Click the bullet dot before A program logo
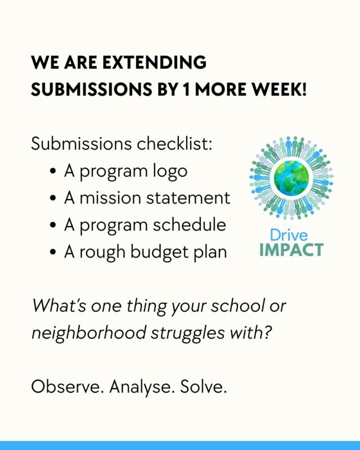click(53, 172)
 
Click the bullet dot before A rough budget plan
click(53, 252)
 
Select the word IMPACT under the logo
click(291, 249)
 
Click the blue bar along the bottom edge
click(180, 445)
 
